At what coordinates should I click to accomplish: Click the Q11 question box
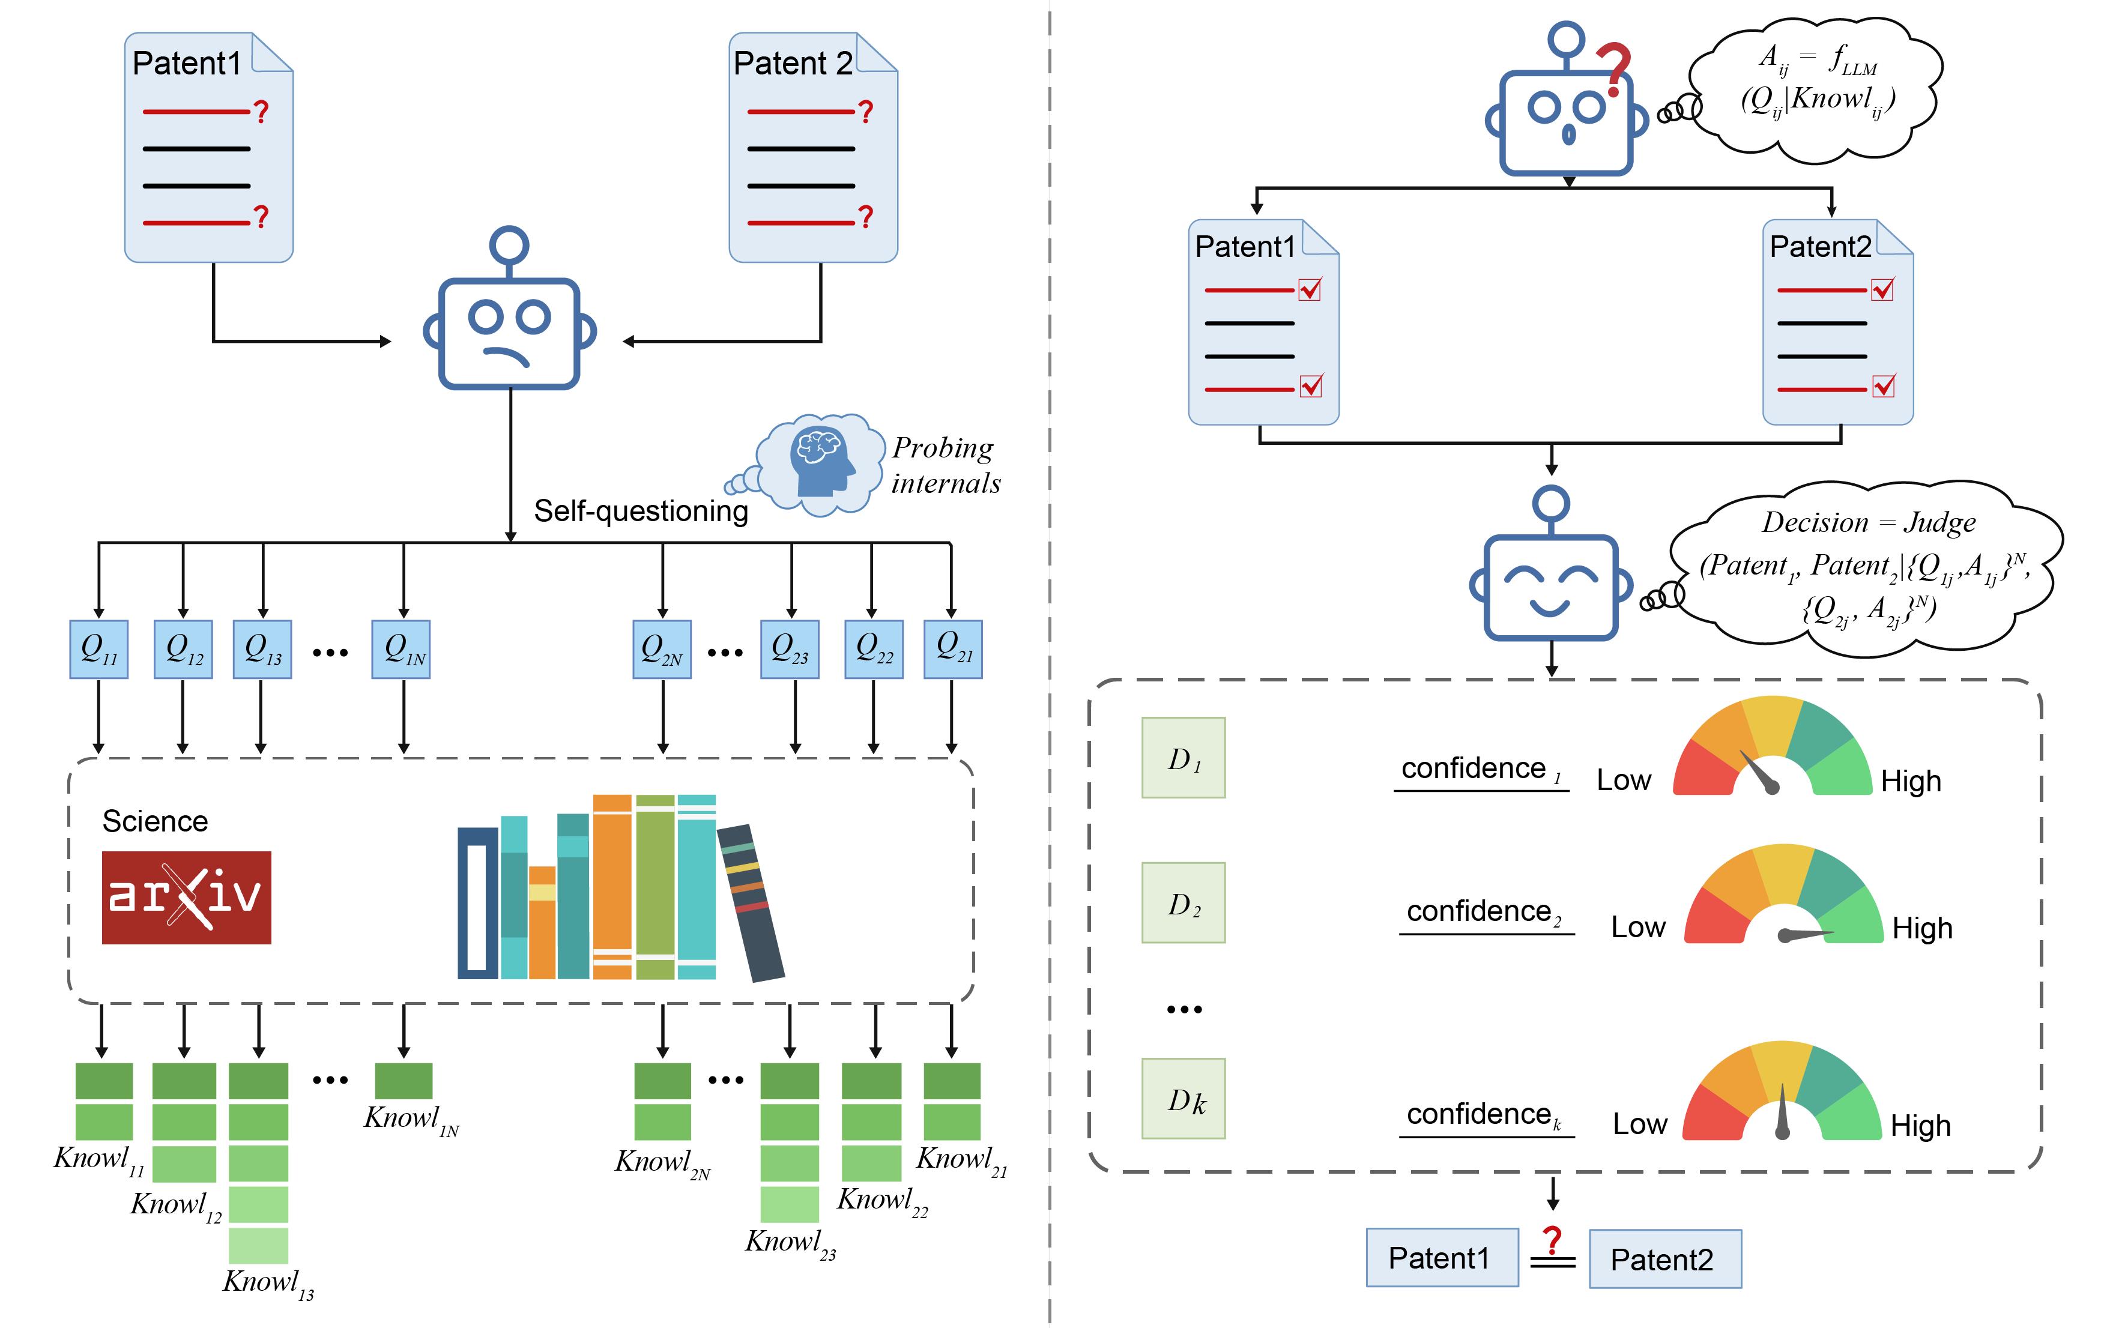(x=99, y=649)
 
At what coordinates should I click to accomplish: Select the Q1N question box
(x=401, y=649)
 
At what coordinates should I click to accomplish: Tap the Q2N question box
(x=662, y=649)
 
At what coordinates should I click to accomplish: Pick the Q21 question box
(x=953, y=649)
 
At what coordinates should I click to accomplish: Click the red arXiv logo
(x=186, y=897)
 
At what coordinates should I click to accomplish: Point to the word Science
(x=155, y=821)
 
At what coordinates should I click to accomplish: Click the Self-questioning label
(x=641, y=511)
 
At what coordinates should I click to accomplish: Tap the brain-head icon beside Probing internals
(x=820, y=461)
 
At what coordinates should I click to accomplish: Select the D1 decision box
(x=1183, y=758)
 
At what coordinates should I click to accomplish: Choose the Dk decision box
(x=1183, y=1099)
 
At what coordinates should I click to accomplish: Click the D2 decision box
(x=1183, y=903)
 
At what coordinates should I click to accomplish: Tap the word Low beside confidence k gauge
(x=1640, y=1124)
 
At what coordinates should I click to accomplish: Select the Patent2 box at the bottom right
(x=1664, y=1259)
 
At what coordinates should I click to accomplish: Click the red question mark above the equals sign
(x=1552, y=1240)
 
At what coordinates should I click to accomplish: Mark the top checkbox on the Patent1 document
(x=1310, y=289)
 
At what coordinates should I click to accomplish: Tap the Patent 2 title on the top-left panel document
(x=792, y=63)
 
